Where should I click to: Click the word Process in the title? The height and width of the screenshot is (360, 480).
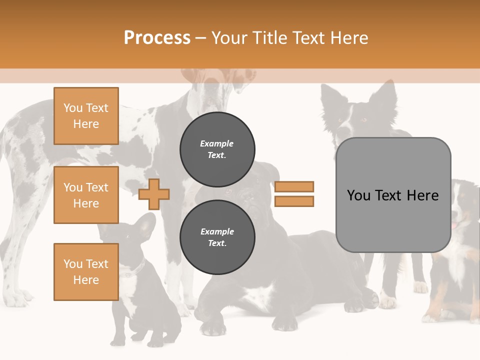157,37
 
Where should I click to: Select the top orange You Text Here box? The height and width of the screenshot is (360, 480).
86,116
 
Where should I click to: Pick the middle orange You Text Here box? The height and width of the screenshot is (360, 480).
86,195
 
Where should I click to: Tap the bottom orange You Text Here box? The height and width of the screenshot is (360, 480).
86,272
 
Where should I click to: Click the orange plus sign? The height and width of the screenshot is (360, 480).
154,194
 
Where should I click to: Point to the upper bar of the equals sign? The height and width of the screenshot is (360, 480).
294,186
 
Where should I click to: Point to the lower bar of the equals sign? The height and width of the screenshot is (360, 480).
294,201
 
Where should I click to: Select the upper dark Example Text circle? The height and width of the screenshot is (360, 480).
217,149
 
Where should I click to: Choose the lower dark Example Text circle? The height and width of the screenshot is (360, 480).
217,237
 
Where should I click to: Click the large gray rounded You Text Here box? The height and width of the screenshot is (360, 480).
393,195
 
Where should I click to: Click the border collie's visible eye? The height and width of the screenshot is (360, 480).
363,120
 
